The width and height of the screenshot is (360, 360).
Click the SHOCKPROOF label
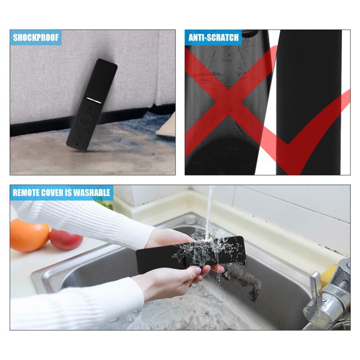coord(36,37)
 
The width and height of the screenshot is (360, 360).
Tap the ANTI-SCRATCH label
coord(213,37)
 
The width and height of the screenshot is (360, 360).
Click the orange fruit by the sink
coord(29,234)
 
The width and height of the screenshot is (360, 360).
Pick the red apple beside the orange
coord(66,239)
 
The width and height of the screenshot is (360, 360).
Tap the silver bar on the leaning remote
coord(94,100)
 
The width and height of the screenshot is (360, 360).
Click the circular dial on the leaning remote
coord(85,119)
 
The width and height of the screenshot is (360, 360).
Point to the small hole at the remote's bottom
coord(76,144)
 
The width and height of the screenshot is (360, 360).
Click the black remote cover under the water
coord(190,254)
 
